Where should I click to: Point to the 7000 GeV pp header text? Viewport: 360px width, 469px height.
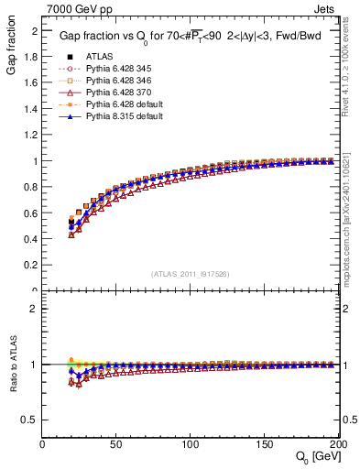click(80, 9)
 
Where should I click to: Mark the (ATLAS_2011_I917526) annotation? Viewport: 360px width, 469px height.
click(191, 273)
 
